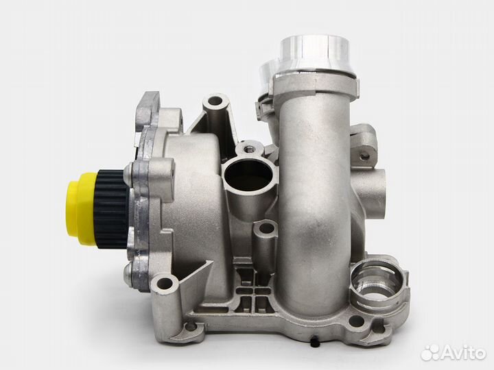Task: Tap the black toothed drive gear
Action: point(112,209)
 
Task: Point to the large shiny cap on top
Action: point(314,56)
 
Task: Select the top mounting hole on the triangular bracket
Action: point(216,101)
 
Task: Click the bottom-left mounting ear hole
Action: point(165,284)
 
